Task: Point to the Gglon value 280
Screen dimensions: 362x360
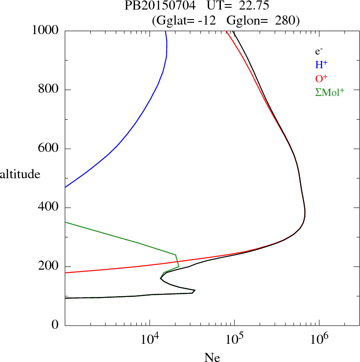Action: pos(285,20)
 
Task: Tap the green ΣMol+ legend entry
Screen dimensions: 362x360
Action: pos(330,92)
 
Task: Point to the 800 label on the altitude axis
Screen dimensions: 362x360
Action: pos(50,90)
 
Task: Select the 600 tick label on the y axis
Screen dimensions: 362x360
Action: pos(50,149)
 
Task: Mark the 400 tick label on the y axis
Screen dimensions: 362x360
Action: pos(50,208)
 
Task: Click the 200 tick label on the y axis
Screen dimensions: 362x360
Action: pos(50,267)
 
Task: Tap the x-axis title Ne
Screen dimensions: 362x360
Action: pos(212,357)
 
